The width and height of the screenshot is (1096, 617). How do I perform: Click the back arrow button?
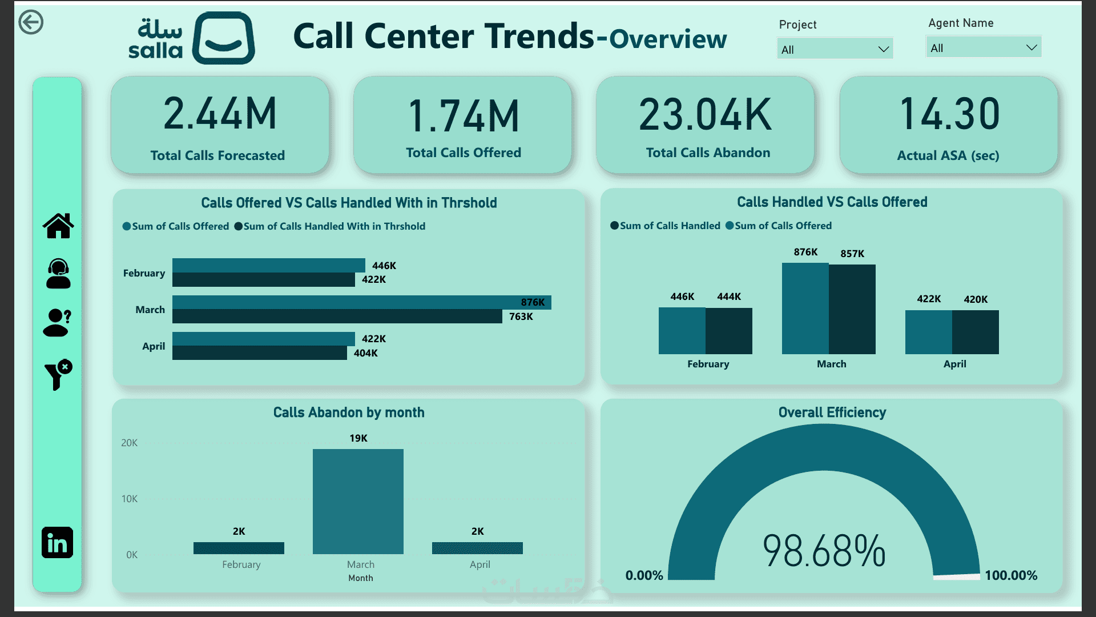pyautogui.click(x=31, y=22)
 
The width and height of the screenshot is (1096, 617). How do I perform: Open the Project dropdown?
pyautogui.click(x=835, y=49)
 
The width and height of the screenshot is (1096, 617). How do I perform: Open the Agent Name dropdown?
pyautogui.click(x=984, y=47)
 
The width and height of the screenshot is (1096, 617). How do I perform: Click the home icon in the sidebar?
pyautogui.click(x=58, y=226)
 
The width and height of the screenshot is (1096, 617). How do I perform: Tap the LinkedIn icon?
pyautogui.click(x=57, y=543)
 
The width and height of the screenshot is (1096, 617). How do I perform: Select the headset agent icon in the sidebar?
pyautogui.click(x=58, y=274)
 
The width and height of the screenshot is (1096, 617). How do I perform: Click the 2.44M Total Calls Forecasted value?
pyautogui.click(x=220, y=114)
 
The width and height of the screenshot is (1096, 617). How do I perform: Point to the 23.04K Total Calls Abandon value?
pyautogui.click(x=706, y=115)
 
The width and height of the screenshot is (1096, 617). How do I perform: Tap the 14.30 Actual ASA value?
pyautogui.click(x=949, y=114)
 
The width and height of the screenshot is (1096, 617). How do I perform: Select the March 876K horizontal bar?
pyautogui.click(x=362, y=302)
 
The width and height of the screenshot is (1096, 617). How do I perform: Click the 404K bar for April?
pyautogui.click(x=260, y=353)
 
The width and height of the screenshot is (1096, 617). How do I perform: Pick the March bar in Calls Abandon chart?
pyautogui.click(x=358, y=502)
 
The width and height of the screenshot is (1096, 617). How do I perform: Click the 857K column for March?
pyautogui.click(x=852, y=309)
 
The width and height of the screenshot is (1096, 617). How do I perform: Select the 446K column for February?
pyautogui.click(x=682, y=331)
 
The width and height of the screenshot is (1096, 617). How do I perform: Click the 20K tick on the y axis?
pyautogui.click(x=130, y=443)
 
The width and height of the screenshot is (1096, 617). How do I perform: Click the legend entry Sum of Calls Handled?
pyautogui.click(x=665, y=226)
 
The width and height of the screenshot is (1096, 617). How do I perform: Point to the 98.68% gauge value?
pyautogui.click(x=824, y=551)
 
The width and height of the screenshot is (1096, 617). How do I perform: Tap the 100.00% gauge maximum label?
pyautogui.click(x=1011, y=575)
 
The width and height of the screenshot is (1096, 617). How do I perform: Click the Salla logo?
pyautogui.click(x=192, y=38)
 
